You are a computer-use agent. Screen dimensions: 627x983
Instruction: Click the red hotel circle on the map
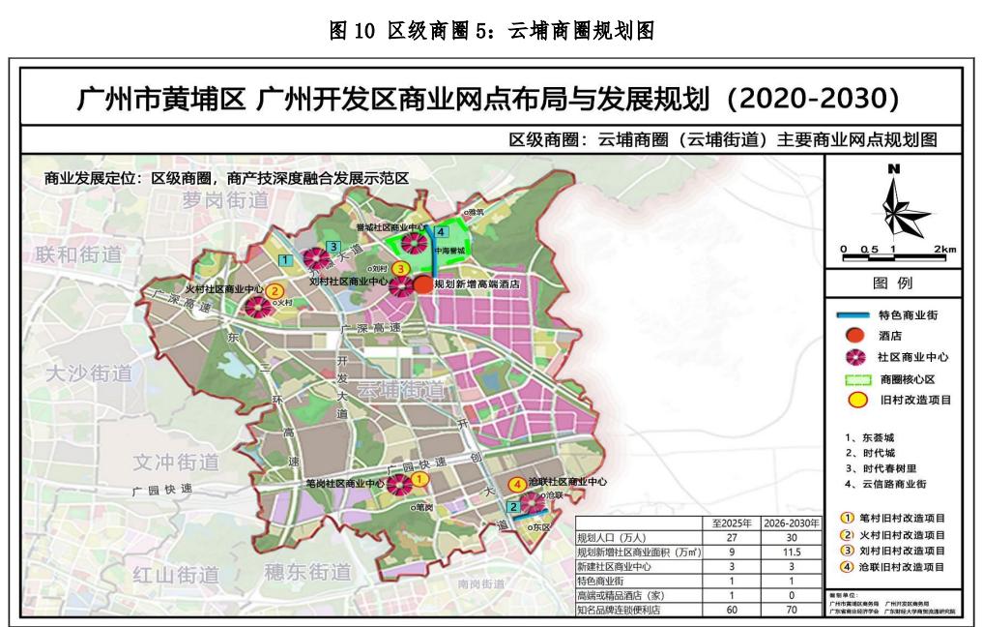click(x=423, y=284)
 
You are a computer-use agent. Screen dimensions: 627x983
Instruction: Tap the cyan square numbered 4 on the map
click(x=440, y=232)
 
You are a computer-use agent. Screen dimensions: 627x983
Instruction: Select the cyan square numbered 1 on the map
click(x=285, y=259)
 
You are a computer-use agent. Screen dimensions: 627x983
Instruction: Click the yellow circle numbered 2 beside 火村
click(x=275, y=289)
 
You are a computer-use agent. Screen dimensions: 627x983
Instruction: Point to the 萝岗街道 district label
click(x=223, y=200)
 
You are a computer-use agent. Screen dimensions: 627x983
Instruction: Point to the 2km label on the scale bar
click(x=945, y=250)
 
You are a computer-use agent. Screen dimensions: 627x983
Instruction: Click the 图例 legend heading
click(x=893, y=284)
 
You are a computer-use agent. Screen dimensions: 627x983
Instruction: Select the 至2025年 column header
click(x=731, y=522)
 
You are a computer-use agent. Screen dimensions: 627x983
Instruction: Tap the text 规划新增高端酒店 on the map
click(x=477, y=285)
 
